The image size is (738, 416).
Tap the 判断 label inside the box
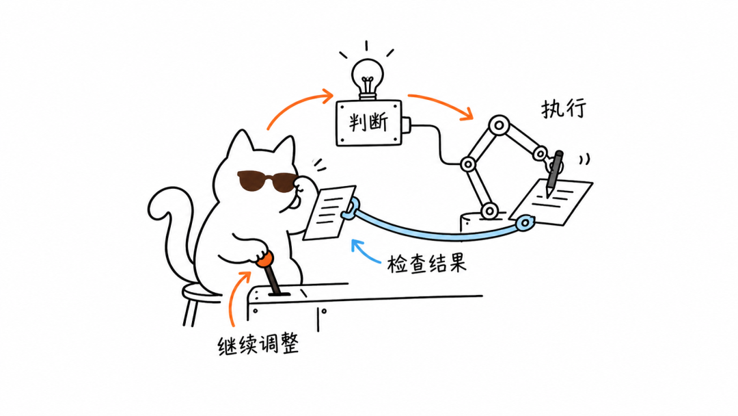coord(368,122)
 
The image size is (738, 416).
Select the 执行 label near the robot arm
coord(563,109)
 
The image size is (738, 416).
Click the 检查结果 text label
coord(426,264)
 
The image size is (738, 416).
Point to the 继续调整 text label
coord(258,345)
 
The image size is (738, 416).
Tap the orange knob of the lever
coord(264,259)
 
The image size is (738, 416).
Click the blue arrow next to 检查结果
coord(365,252)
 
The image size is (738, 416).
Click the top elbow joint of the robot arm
coord(499,126)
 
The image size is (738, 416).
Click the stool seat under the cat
coord(201,293)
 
